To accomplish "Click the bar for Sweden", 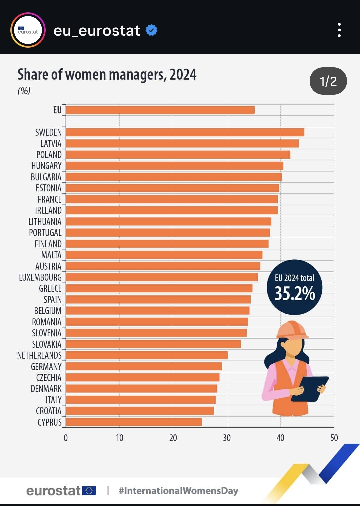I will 185,132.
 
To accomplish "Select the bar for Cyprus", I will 134,422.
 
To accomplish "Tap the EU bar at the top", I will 160,110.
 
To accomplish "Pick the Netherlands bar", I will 147,355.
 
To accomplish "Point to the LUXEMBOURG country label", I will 40,277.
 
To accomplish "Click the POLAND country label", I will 49,155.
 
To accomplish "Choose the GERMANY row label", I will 46,367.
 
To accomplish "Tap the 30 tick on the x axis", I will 227,438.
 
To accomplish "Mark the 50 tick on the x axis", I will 334,438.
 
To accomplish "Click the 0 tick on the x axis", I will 66,438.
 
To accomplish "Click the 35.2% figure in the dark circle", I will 295,293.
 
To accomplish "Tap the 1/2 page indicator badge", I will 328,81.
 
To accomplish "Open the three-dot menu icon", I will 339,30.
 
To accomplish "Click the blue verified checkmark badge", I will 152,30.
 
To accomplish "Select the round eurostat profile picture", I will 28,30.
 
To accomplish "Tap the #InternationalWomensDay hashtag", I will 179,491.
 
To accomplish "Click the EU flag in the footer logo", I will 89,491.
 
